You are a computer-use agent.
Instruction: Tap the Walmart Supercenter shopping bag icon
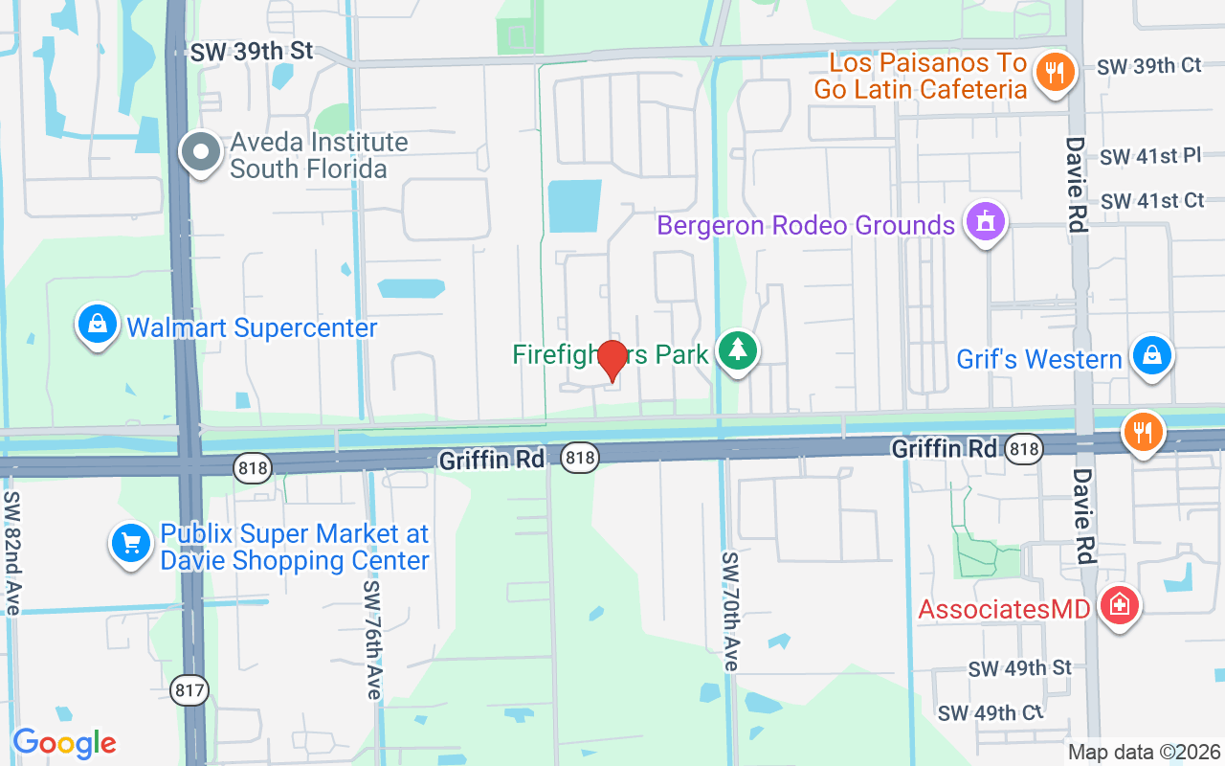click(98, 326)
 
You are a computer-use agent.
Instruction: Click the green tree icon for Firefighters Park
click(737, 350)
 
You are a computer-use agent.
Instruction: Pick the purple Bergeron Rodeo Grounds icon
click(984, 222)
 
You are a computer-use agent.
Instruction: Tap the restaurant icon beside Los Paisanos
click(1055, 72)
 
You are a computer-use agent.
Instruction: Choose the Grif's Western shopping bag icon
click(1152, 355)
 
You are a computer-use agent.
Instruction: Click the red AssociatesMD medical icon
click(1120, 605)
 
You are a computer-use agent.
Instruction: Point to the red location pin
click(612, 360)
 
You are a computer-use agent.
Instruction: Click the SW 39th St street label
click(252, 52)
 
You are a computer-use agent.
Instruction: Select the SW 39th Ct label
click(1149, 66)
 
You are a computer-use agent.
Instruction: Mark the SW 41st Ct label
click(1152, 201)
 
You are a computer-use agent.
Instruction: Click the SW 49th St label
click(1019, 667)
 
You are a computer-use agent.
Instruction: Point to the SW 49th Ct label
click(991, 713)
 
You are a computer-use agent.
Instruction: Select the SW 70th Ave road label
click(730, 611)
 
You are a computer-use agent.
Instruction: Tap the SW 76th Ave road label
click(373, 640)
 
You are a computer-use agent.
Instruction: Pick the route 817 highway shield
click(190, 689)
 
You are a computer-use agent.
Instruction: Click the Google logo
click(64, 743)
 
